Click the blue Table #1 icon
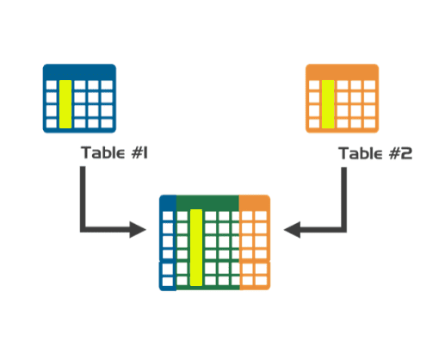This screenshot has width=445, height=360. (x=79, y=98)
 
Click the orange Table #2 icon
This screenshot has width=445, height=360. (x=342, y=98)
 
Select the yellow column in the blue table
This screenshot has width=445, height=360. (x=65, y=103)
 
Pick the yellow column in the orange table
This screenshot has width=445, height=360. (x=328, y=103)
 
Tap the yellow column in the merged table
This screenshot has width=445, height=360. (x=195, y=246)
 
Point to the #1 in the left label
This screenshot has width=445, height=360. (x=141, y=154)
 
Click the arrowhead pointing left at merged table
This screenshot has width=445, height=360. (x=293, y=230)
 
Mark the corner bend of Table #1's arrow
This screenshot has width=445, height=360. (x=83, y=229)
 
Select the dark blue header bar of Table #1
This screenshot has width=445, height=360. (x=79, y=71)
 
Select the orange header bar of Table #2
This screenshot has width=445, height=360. (x=342, y=71)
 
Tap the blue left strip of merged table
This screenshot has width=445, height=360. (x=168, y=245)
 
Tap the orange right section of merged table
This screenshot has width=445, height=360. (x=255, y=245)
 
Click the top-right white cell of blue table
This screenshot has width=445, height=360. (x=107, y=87)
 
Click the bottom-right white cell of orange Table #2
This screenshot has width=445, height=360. (x=369, y=123)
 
